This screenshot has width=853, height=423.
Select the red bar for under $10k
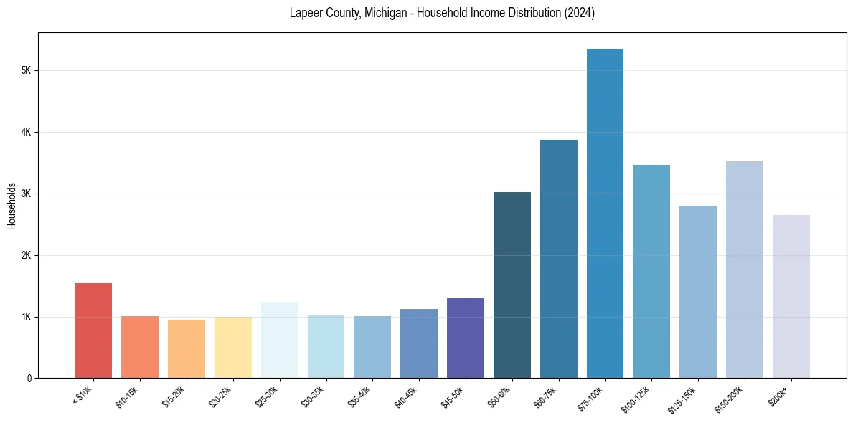pos(93,331)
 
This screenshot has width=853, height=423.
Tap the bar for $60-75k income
pos(558,259)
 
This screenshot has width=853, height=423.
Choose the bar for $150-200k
pos(745,270)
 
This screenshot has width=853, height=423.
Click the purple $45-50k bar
pos(466,338)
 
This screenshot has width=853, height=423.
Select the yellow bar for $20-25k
pos(232,347)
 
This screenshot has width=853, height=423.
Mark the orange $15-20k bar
pos(187,348)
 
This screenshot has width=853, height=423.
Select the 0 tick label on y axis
pos(28,379)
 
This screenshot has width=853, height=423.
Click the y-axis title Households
pos(11,206)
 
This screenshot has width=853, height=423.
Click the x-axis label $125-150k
pos(688,396)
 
